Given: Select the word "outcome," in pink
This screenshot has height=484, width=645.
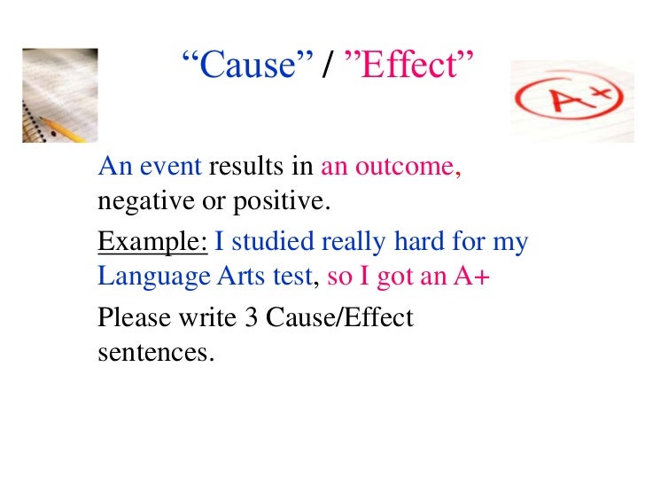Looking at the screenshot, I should point(416,167).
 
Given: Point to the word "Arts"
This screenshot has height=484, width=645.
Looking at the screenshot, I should point(237,277).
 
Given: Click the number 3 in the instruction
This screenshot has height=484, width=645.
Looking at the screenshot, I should point(249,316).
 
